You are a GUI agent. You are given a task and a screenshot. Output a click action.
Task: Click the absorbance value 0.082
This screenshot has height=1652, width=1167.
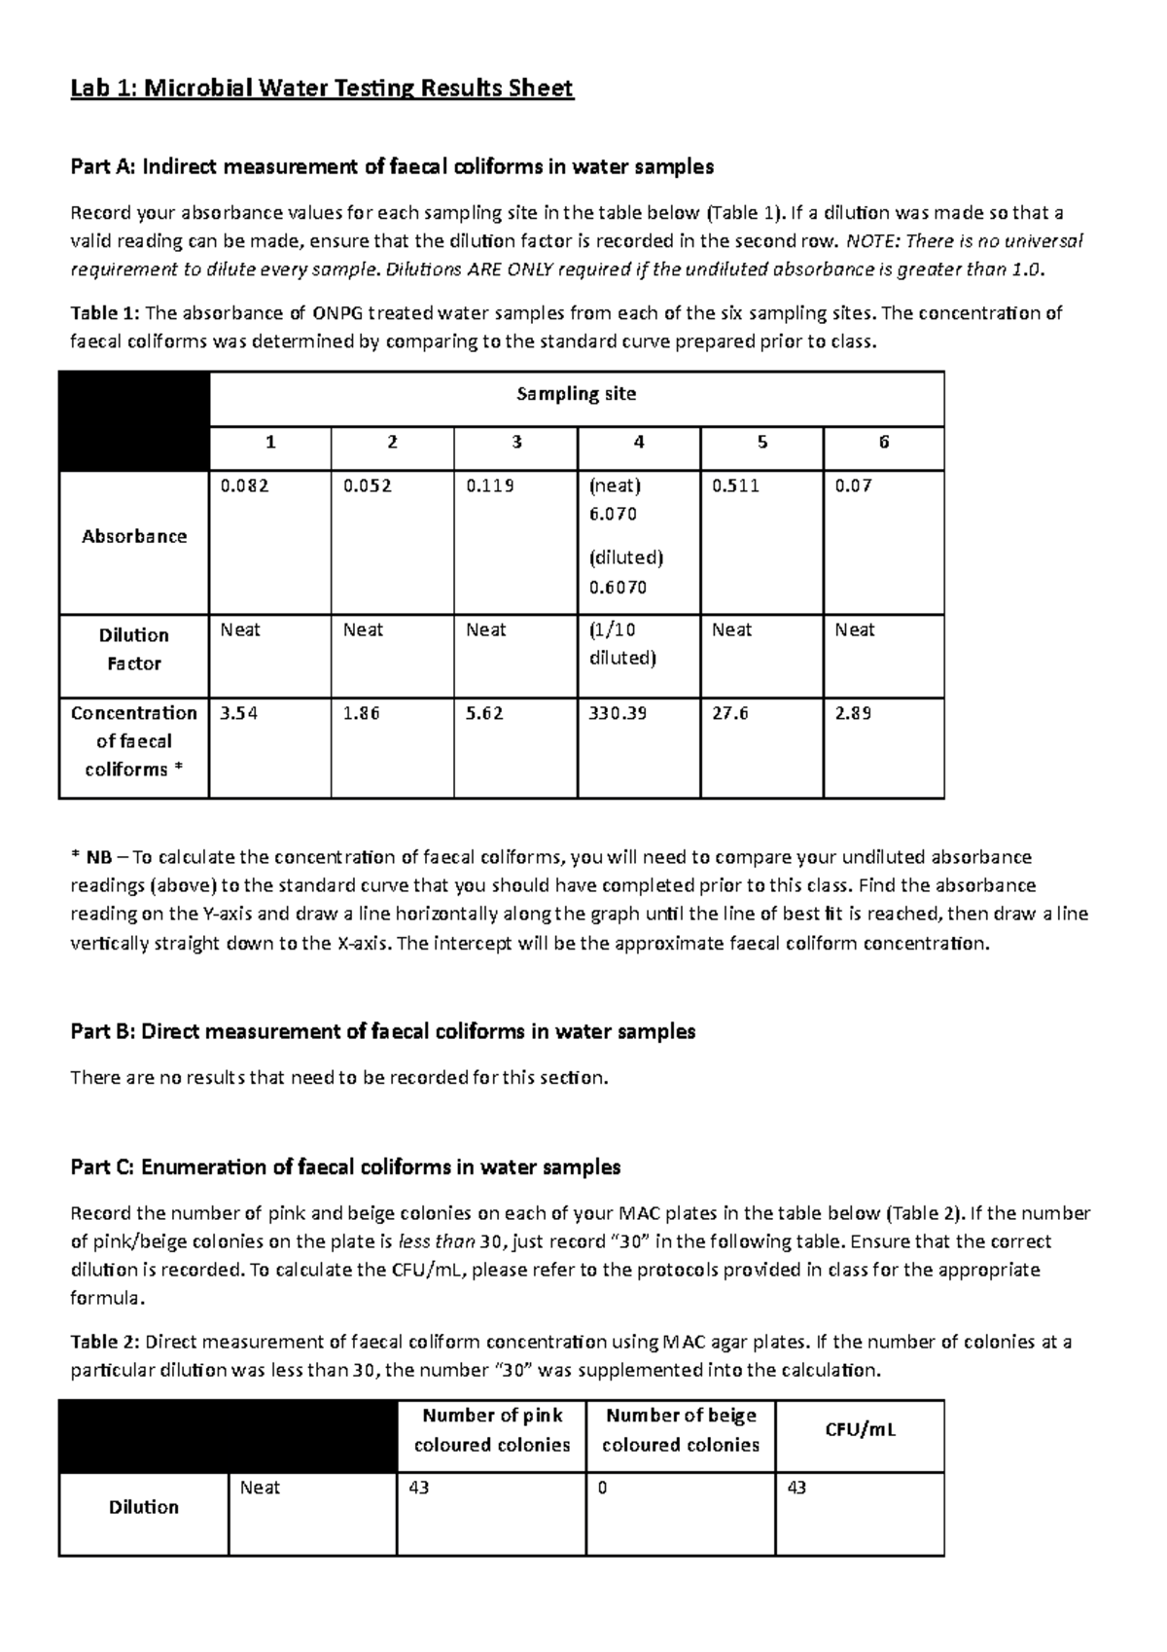(244, 485)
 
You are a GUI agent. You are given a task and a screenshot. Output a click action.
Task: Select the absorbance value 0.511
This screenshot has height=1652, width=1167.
(735, 485)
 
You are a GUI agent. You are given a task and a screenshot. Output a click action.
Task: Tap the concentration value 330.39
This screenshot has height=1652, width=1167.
(618, 713)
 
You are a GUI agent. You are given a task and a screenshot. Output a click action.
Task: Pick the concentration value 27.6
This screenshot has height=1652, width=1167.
(729, 713)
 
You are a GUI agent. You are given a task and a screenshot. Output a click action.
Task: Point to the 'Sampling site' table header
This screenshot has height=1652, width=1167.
(576, 394)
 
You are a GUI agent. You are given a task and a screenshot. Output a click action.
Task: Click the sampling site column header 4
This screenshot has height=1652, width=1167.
(638, 443)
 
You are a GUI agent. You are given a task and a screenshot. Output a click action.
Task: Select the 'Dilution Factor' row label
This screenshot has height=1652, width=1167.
(133, 649)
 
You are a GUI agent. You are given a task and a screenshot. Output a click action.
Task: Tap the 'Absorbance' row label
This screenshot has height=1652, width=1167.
(133, 536)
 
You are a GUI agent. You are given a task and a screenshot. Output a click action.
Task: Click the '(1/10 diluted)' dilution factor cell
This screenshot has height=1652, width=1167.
(622, 644)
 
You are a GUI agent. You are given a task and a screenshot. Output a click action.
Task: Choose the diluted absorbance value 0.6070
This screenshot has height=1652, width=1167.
(618, 587)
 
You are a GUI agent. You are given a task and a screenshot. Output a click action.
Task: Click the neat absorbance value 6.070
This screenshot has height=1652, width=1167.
(613, 514)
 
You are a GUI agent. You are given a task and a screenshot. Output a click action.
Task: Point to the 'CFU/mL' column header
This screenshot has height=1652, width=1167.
(861, 1429)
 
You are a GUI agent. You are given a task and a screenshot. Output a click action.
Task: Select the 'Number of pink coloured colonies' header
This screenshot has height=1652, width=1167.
(491, 1429)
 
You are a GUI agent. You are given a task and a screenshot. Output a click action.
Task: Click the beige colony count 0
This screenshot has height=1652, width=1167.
(602, 1488)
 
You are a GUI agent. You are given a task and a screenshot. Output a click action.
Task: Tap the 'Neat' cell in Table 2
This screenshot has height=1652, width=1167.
(260, 1488)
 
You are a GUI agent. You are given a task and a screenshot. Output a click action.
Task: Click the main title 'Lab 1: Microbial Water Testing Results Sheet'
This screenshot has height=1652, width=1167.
(322, 90)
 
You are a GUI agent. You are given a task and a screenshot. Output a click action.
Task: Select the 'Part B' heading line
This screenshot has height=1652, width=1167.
(382, 1031)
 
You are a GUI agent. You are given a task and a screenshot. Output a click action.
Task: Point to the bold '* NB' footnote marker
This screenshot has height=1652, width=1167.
(91, 857)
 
